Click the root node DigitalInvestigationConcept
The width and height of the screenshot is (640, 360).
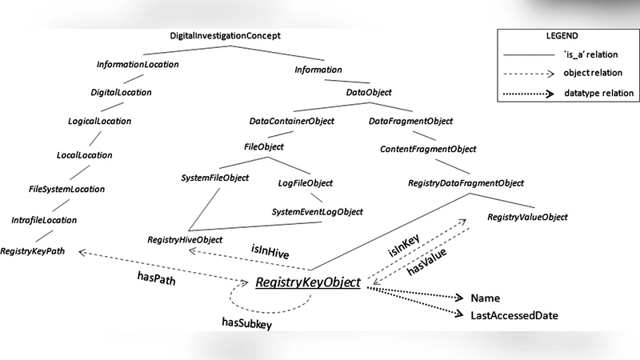coord(226,36)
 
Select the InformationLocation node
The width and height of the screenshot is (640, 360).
coord(138,64)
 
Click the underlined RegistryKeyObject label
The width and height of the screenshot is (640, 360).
coord(308,284)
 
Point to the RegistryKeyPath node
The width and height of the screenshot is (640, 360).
coord(37,252)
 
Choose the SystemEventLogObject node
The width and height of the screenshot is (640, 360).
coord(318,212)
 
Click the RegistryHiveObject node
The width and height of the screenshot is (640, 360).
coord(185,239)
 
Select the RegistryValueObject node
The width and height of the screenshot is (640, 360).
coord(527,217)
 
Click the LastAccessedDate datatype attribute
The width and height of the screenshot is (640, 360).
coord(514,316)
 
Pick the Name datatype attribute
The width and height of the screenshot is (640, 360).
coord(486,298)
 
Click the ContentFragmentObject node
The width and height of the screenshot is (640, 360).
coord(427,149)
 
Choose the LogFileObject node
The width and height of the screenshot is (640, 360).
coord(305,183)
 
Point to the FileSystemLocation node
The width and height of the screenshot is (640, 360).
coord(66,190)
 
